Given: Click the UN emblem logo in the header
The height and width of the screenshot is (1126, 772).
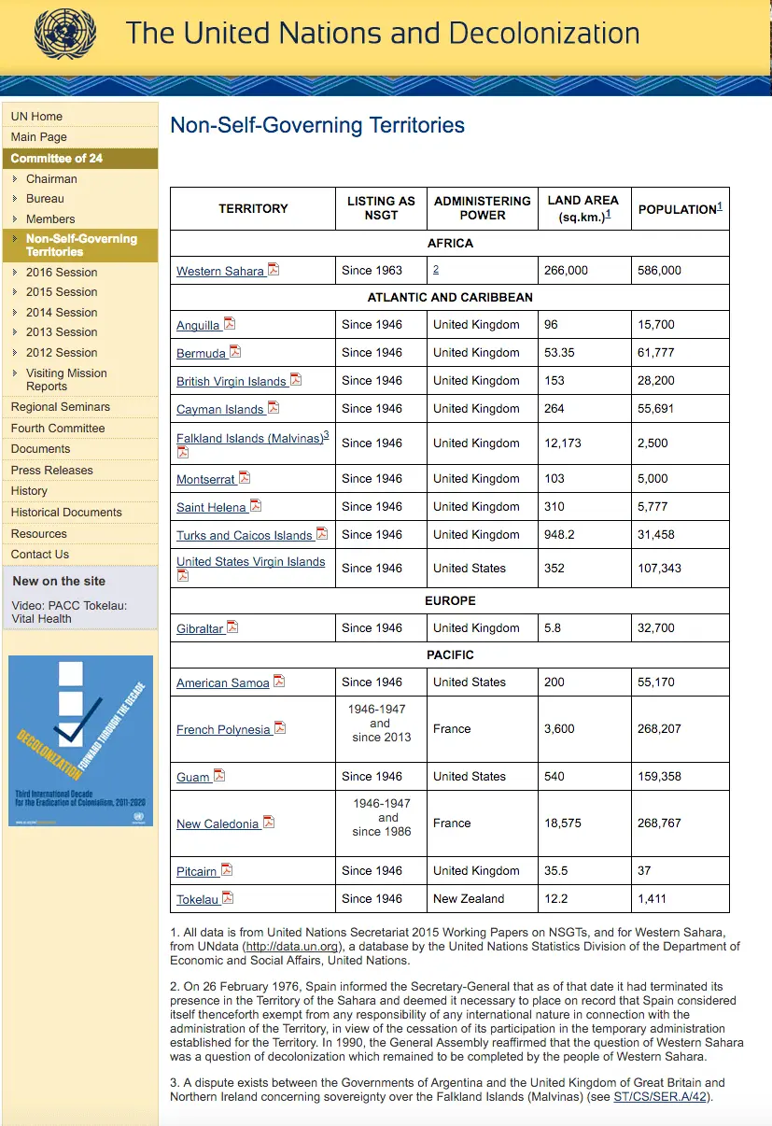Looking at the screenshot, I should click(64, 34).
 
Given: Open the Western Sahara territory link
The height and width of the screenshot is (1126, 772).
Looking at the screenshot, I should click(220, 272).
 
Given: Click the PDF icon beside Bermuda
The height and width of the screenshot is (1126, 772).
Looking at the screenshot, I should click(235, 352).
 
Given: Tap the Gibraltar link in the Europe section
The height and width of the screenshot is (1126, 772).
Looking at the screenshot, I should click(200, 629).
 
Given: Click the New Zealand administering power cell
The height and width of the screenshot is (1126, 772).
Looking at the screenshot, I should click(469, 898).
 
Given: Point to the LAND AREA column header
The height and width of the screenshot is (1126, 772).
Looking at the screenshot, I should click(583, 208).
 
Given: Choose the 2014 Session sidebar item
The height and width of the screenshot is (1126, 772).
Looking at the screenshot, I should click(62, 313).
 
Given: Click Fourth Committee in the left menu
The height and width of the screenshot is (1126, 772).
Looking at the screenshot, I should click(58, 428).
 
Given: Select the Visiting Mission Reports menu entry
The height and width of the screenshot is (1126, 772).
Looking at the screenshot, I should click(65, 379).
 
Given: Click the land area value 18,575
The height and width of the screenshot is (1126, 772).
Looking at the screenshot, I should click(563, 823).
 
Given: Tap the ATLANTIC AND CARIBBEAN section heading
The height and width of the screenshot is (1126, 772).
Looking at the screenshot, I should click(450, 297).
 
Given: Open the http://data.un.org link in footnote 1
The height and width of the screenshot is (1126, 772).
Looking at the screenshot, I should click(291, 947).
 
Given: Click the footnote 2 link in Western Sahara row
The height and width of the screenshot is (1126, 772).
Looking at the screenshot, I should click(436, 269).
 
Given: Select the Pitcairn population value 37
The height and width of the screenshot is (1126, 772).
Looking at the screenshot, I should click(644, 870).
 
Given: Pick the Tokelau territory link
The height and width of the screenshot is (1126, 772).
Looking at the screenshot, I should click(197, 900).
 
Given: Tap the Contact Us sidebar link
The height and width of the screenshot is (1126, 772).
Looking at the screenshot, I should click(40, 555).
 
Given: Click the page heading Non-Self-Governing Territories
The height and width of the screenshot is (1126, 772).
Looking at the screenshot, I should click(317, 125).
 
